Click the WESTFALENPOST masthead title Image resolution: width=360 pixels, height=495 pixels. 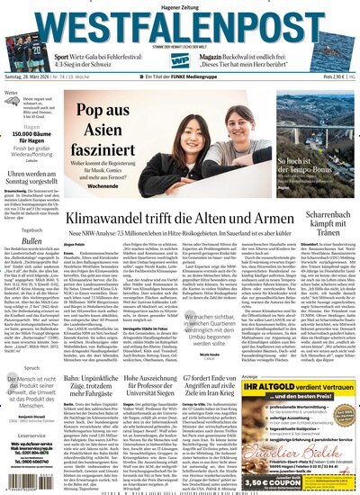point(180,28)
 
